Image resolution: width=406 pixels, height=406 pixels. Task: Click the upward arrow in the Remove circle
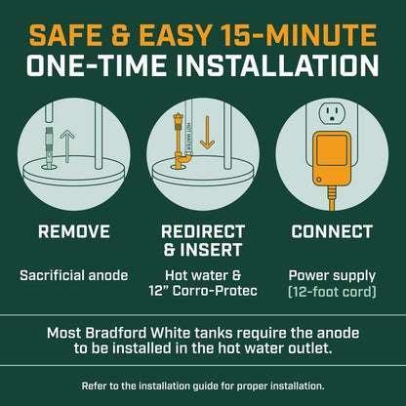click(x=67, y=145)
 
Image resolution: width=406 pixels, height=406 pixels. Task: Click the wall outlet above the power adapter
click(x=331, y=113)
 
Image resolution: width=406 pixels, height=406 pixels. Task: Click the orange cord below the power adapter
click(x=331, y=198)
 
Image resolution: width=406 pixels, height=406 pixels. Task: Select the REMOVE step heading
click(x=74, y=232)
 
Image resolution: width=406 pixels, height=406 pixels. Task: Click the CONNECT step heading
click(x=332, y=232)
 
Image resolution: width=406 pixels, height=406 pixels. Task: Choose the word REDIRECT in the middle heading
click(x=203, y=232)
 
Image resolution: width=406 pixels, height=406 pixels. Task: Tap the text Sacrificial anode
click(x=74, y=275)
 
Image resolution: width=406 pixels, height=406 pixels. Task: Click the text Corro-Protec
click(x=215, y=291)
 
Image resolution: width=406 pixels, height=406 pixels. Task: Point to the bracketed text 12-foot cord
click(x=332, y=292)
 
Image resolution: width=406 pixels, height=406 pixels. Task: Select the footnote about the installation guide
click(x=203, y=386)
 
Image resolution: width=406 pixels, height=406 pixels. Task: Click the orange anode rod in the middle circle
click(x=179, y=141)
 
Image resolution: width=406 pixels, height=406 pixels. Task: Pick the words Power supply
click(x=332, y=276)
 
